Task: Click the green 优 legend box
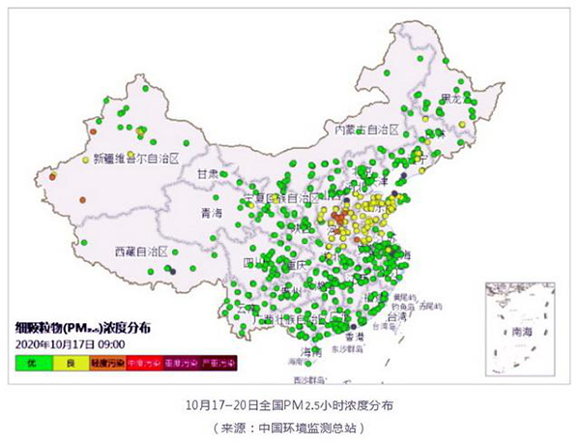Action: click(x=32, y=363)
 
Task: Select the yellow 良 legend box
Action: click(x=71, y=363)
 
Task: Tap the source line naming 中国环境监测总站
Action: click(x=289, y=427)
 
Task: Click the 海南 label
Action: click(x=310, y=350)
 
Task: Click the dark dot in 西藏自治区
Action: click(x=172, y=272)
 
